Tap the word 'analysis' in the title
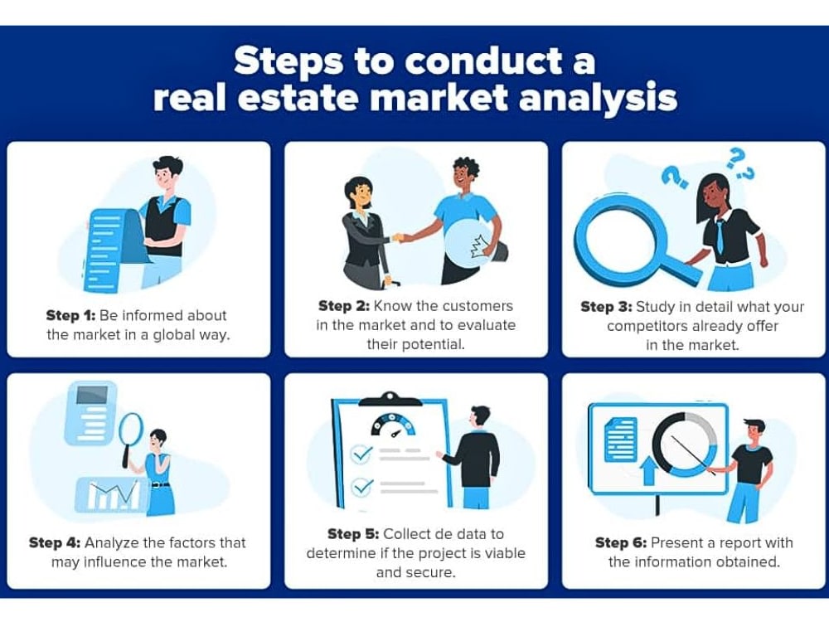[598, 99]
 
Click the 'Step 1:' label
[70, 316]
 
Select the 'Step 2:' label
[344, 306]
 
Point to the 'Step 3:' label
[607, 308]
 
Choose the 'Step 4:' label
[55, 543]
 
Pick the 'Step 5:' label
[353, 534]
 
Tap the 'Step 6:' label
[621, 543]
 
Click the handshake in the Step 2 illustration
[402, 238]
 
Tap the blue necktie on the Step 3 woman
[720, 236]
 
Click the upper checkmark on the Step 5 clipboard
[363, 454]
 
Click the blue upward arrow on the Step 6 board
[648, 471]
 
